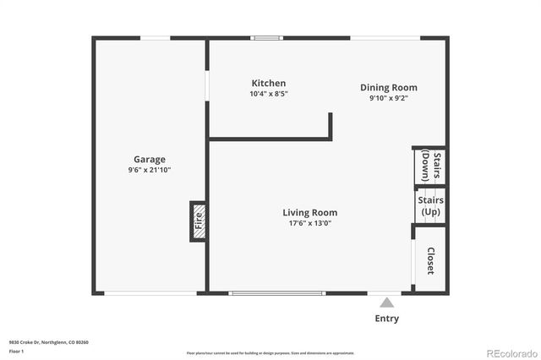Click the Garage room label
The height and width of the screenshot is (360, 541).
point(150,159)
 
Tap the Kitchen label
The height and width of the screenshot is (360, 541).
point(268,83)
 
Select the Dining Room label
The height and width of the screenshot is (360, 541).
point(388,87)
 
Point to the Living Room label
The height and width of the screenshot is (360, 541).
point(309,212)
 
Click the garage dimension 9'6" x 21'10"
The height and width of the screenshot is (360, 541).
point(149,170)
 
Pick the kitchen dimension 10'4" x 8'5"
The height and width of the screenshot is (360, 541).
point(269,94)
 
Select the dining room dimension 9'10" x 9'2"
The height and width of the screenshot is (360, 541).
point(388,98)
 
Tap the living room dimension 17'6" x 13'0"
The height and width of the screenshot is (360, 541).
point(309,223)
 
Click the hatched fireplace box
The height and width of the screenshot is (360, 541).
point(199,221)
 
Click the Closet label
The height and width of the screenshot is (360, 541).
point(430,260)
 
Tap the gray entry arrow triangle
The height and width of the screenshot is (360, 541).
point(386,302)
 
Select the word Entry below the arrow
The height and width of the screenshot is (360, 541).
point(386,319)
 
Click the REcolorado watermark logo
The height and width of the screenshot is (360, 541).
point(510,352)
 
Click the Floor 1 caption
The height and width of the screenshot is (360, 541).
point(16,350)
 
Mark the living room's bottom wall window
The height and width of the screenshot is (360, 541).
point(277,293)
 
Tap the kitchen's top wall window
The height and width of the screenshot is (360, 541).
point(267,37)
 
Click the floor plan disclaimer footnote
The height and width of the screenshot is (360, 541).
point(270,352)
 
